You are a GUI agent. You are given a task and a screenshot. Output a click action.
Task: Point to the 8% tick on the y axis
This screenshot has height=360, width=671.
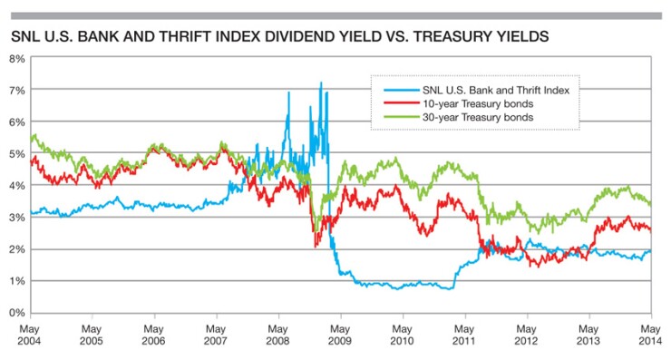(16, 58)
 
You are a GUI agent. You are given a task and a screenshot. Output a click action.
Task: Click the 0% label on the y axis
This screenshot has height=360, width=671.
(16, 313)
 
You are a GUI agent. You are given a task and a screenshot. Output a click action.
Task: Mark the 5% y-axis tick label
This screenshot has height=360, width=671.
(16, 153)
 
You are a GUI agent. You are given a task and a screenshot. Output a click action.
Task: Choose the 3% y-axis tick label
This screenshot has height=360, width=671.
(16, 218)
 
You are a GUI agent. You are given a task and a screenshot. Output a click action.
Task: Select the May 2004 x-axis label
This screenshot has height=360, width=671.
(30, 334)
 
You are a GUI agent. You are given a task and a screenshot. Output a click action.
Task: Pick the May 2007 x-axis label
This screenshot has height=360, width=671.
(216, 334)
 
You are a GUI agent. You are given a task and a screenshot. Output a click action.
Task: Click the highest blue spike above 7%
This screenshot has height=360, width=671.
(321, 83)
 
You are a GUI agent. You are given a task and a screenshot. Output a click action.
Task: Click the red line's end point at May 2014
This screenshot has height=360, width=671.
(650, 230)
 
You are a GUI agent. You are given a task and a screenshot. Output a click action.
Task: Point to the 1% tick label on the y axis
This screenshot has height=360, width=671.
(16, 281)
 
